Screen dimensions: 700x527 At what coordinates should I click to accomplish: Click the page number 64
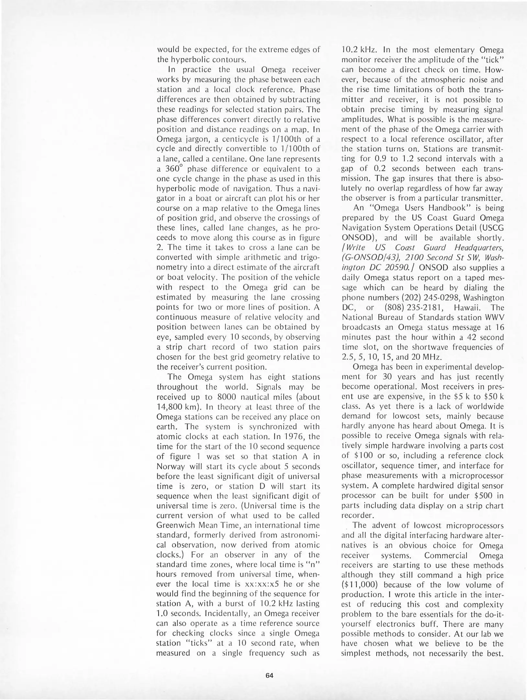pyautogui.click(x=269, y=676)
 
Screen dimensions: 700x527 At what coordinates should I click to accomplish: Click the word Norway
pyautogui.click(x=172, y=466)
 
